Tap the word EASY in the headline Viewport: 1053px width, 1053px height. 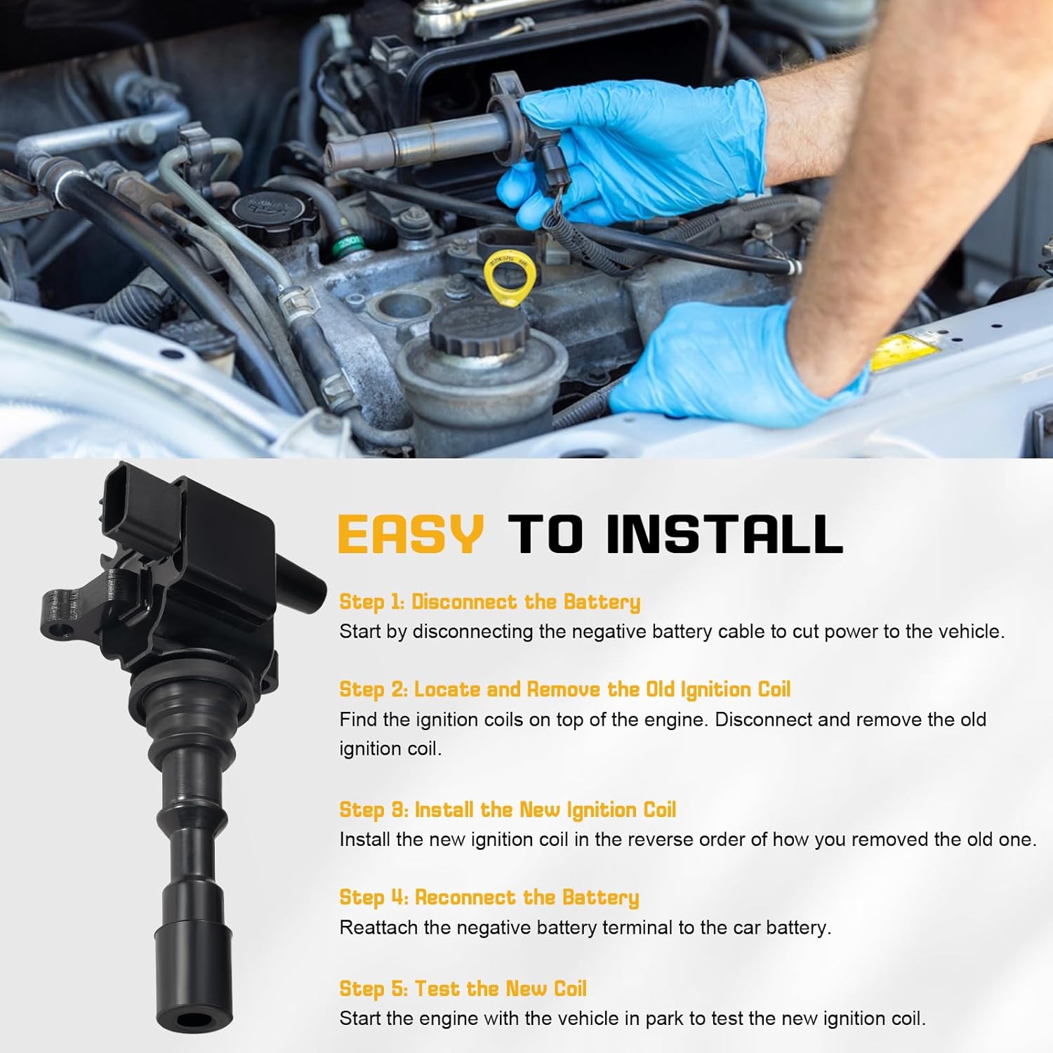tap(411, 534)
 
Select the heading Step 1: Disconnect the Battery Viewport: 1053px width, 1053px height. tap(489, 602)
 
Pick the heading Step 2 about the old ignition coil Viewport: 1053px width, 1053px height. tap(564, 689)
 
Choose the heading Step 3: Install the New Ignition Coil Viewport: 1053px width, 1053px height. tap(507, 809)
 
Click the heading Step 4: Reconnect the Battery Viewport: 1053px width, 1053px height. tap(489, 897)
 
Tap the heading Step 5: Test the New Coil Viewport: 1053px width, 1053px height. tap(463, 988)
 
